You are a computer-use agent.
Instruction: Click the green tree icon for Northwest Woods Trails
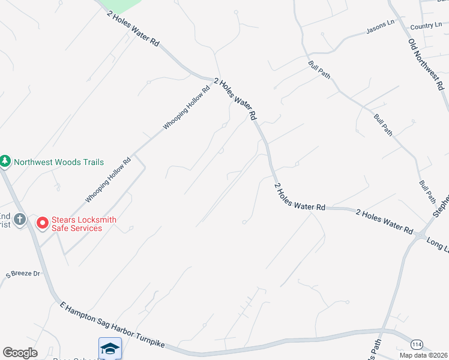pos(5,162)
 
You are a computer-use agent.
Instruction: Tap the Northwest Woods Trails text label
pos(59,162)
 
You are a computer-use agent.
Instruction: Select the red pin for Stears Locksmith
pos(43,223)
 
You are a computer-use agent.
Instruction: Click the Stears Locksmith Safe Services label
pos(83,224)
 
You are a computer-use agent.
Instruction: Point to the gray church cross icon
pos(20,220)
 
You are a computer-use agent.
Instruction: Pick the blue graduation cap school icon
pos(110,348)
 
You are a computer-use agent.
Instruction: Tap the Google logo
pos(20,353)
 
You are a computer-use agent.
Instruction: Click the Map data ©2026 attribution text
pos(424,355)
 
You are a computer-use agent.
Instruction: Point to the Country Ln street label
pos(426,27)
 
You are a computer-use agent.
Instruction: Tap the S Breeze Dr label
pos(23,274)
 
